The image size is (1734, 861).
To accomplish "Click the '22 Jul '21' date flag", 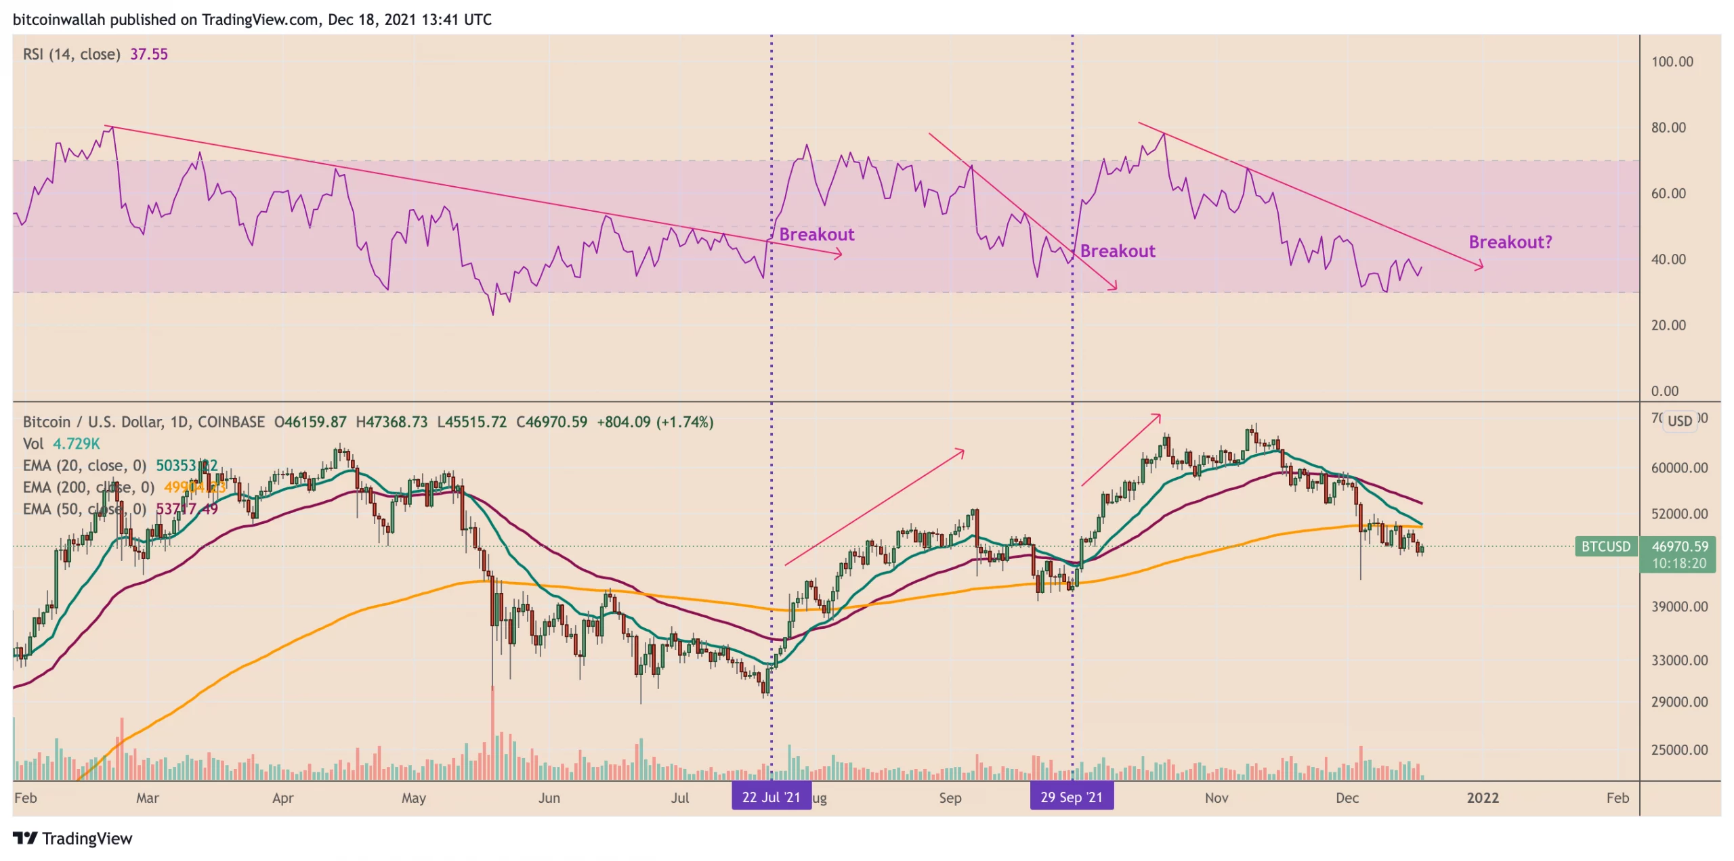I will pyautogui.click(x=771, y=797).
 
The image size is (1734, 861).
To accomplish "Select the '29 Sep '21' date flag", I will pyautogui.click(x=1071, y=797).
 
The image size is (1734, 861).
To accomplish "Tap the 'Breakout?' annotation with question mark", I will pyautogui.click(x=1510, y=242).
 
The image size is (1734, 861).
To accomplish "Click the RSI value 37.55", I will pyautogui.click(x=148, y=54).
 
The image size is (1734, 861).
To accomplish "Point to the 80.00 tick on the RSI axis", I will pyautogui.click(x=1668, y=127).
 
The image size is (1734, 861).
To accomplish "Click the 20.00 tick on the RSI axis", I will pyautogui.click(x=1668, y=325).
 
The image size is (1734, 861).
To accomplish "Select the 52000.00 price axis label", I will pyautogui.click(x=1679, y=513).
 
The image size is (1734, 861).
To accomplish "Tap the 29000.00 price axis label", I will pyautogui.click(x=1679, y=701).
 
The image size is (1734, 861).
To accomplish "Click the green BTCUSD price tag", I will pyautogui.click(x=1605, y=546).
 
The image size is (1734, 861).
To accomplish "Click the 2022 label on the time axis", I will pyautogui.click(x=1482, y=797).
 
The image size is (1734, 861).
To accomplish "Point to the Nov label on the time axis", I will pyautogui.click(x=1216, y=797).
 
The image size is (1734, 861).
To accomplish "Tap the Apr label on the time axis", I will pyautogui.click(x=282, y=797).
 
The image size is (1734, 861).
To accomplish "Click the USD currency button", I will pyautogui.click(x=1679, y=420).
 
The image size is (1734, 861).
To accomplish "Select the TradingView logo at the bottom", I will pyautogui.click(x=73, y=838).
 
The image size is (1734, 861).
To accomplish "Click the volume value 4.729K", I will pyautogui.click(x=76, y=443).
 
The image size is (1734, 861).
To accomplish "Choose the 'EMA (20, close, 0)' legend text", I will pyautogui.click(x=84, y=465).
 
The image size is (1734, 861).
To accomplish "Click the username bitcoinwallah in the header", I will pyautogui.click(x=58, y=20).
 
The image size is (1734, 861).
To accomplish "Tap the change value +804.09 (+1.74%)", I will pyautogui.click(x=654, y=422).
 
